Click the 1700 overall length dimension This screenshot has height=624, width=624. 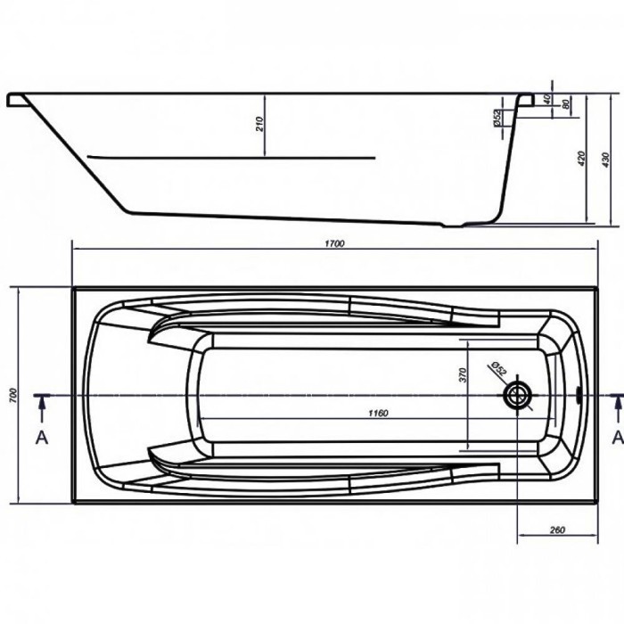coord(334,243)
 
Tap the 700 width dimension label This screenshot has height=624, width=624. coord(13,395)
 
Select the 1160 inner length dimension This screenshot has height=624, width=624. coord(378,414)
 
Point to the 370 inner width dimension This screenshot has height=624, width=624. coord(463,375)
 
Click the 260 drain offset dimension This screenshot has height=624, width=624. coord(557,530)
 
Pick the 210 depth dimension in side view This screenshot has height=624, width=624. coord(259,124)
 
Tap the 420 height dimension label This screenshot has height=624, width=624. coord(581,159)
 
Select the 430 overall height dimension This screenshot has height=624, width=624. coord(605,160)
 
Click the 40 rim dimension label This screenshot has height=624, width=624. coord(547,99)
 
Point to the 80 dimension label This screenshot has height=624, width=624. coord(565,104)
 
